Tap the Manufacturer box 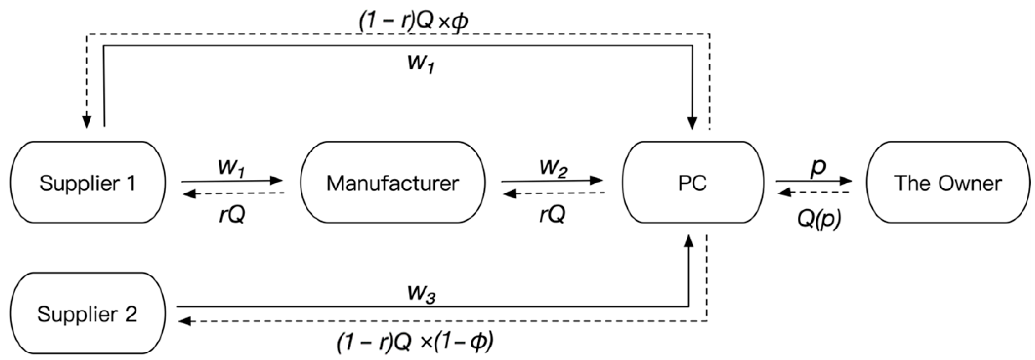click(x=393, y=183)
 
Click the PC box click(x=692, y=183)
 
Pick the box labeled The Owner click(x=947, y=183)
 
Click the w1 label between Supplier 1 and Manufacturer click(x=231, y=167)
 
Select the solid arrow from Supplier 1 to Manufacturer click(x=231, y=181)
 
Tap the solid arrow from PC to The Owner click(x=814, y=181)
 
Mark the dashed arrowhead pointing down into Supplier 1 click(x=86, y=122)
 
